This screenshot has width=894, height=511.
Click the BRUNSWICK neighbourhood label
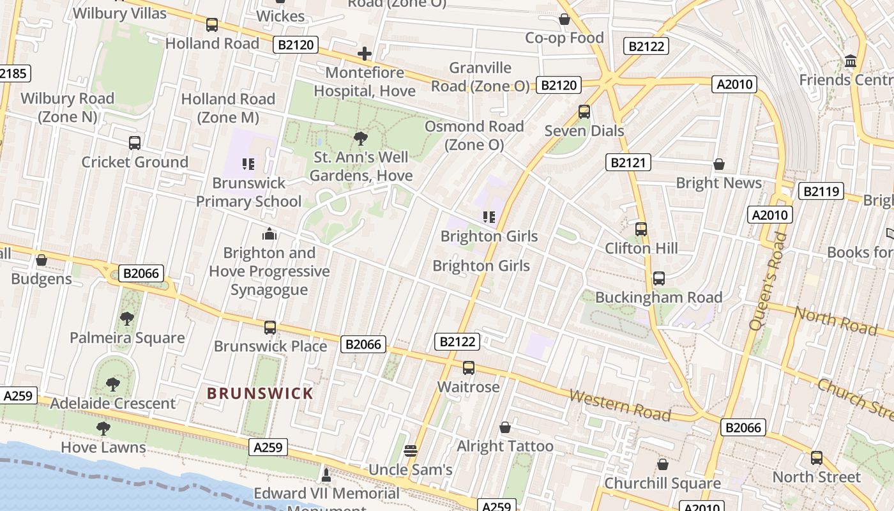[x=261, y=393]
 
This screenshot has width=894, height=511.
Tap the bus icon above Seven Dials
[x=584, y=112]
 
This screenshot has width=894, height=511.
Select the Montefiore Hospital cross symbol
[x=365, y=54]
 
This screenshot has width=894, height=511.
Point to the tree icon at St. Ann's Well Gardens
[x=361, y=138]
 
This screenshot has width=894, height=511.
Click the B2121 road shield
[x=628, y=162]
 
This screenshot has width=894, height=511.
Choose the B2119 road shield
[x=821, y=191]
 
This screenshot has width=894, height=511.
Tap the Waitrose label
[x=468, y=387]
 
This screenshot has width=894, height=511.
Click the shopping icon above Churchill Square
[x=662, y=464]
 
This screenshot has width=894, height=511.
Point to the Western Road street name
[x=619, y=406]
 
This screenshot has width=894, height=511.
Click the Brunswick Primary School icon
[x=248, y=165]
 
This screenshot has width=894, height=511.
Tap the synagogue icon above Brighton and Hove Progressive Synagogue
[x=269, y=234]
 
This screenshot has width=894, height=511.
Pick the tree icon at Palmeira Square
[x=127, y=318]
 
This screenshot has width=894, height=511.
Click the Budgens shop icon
[x=42, y=261]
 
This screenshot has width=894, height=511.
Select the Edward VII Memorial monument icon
[x=326, y=475]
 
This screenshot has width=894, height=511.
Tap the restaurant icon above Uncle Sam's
[x=411, y=451]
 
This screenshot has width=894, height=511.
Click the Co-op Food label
[x=564, y=38]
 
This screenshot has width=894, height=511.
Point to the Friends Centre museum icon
[x=850, y=61]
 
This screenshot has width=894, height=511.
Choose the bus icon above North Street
[x=816, y=458]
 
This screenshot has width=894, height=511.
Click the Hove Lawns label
[x=103, y=447]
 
